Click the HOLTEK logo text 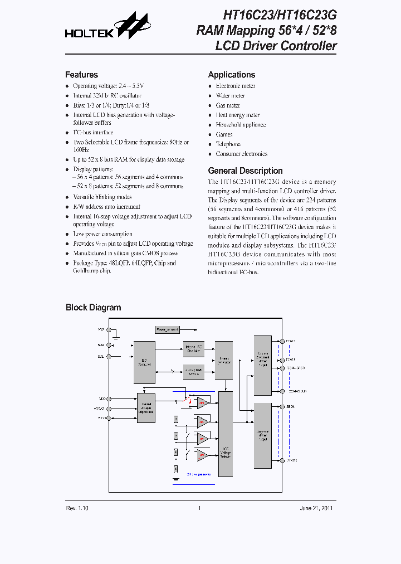(x=89, y=33)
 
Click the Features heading (x=81, y=75)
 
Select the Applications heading (x=231, y=75)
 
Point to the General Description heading (x=245, y=171)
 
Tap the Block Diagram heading (x=93, y=308)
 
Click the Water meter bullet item (x=230, y=96)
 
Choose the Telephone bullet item (x=228, y=144)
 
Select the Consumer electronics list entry (x=241, y=154)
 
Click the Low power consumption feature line (x=102, y=234)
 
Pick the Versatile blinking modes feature (x=102, y=197)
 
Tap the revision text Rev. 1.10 (x=77, y=508)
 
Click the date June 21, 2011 (x=316, y=508)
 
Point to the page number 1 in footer (x=199, y=508)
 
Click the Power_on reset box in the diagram (x=168, y=330)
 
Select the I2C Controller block (x=144, y=362)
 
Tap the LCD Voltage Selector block (x=226, y=434)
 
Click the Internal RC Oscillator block (x=194, y=349)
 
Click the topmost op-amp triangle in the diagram (x=203, y=402)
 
